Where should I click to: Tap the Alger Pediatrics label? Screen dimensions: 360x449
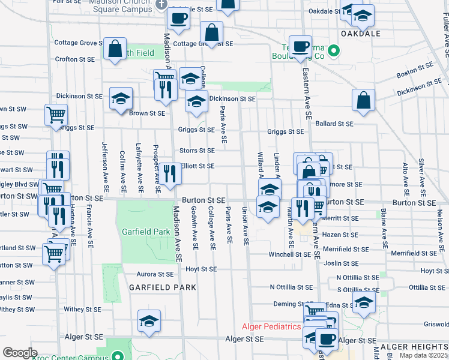(x=271, y=326)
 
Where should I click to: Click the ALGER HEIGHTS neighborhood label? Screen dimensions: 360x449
(x=414, y=347)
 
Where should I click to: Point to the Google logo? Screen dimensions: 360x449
(x=20, y=353)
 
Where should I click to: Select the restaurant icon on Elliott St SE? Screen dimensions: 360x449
(x=169, y=173)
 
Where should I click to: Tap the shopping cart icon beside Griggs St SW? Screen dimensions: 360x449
(x=56, y=114)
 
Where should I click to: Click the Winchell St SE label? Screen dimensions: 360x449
(x=289, y=254)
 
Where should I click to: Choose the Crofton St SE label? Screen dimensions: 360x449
(x=75, y=59)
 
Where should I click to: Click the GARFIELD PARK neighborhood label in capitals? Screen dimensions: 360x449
(x=162, y=287)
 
